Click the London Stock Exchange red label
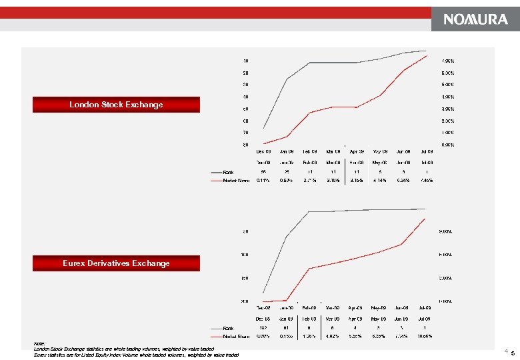(116, 105)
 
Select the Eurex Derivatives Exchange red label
(116, 263)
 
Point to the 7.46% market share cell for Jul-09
(427, 179)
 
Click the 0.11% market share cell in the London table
(263, 179)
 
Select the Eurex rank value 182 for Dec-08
(263, 327)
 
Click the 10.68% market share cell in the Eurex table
(424, 335)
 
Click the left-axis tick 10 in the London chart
(245, 61)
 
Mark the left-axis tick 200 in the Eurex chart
(245, 301)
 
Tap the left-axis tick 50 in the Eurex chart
(245, 232)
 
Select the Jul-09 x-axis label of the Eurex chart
(424, 308)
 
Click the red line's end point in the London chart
(427, 55)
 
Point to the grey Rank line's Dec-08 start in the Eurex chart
(263, 293)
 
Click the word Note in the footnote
(39, 344)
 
